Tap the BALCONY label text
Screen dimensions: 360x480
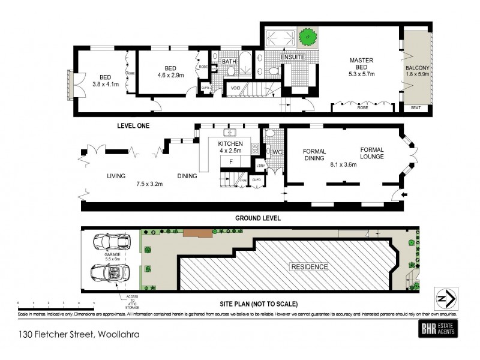tap(416, 68)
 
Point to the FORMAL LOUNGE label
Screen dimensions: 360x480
tap(376, 151)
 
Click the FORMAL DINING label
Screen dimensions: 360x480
tap(314, 155)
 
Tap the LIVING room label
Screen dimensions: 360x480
tap(116, 176)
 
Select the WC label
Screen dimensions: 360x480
tap(277, 152)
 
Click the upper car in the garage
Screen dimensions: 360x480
tap(109, 244)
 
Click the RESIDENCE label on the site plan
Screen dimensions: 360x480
tap(310, 266)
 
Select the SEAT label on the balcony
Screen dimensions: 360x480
tap(416, 108)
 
